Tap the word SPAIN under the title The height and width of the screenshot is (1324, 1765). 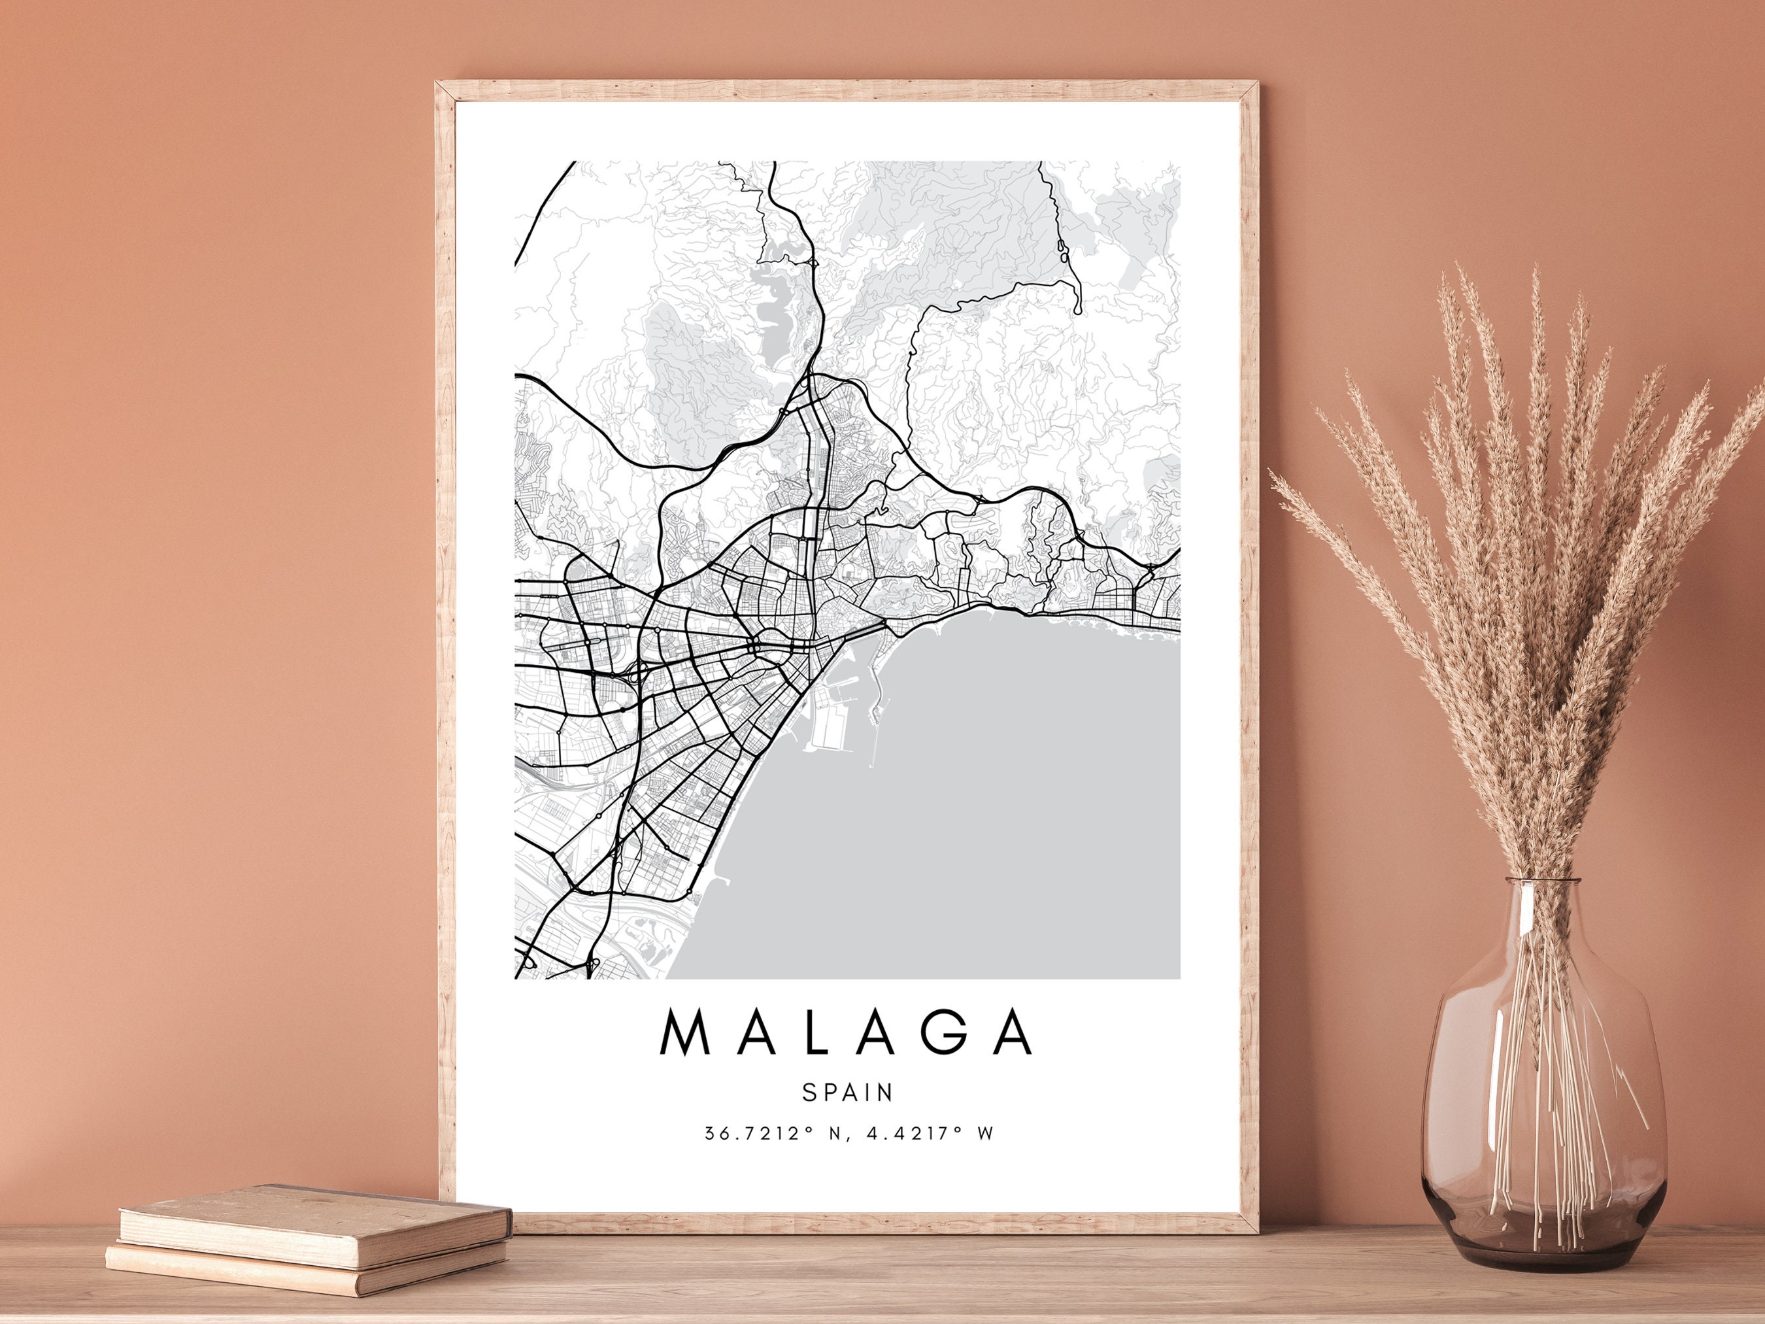point(847,1093)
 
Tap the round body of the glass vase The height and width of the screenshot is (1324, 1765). point(1545,1093)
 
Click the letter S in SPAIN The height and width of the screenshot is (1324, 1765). point(808,1093)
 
